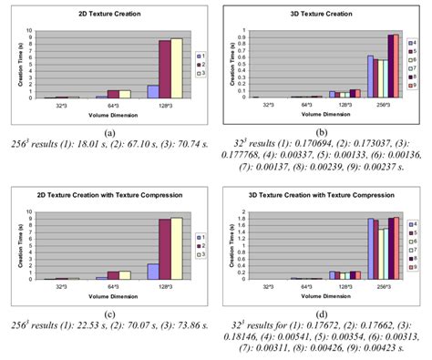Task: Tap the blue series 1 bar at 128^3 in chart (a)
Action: tap(152, 91)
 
